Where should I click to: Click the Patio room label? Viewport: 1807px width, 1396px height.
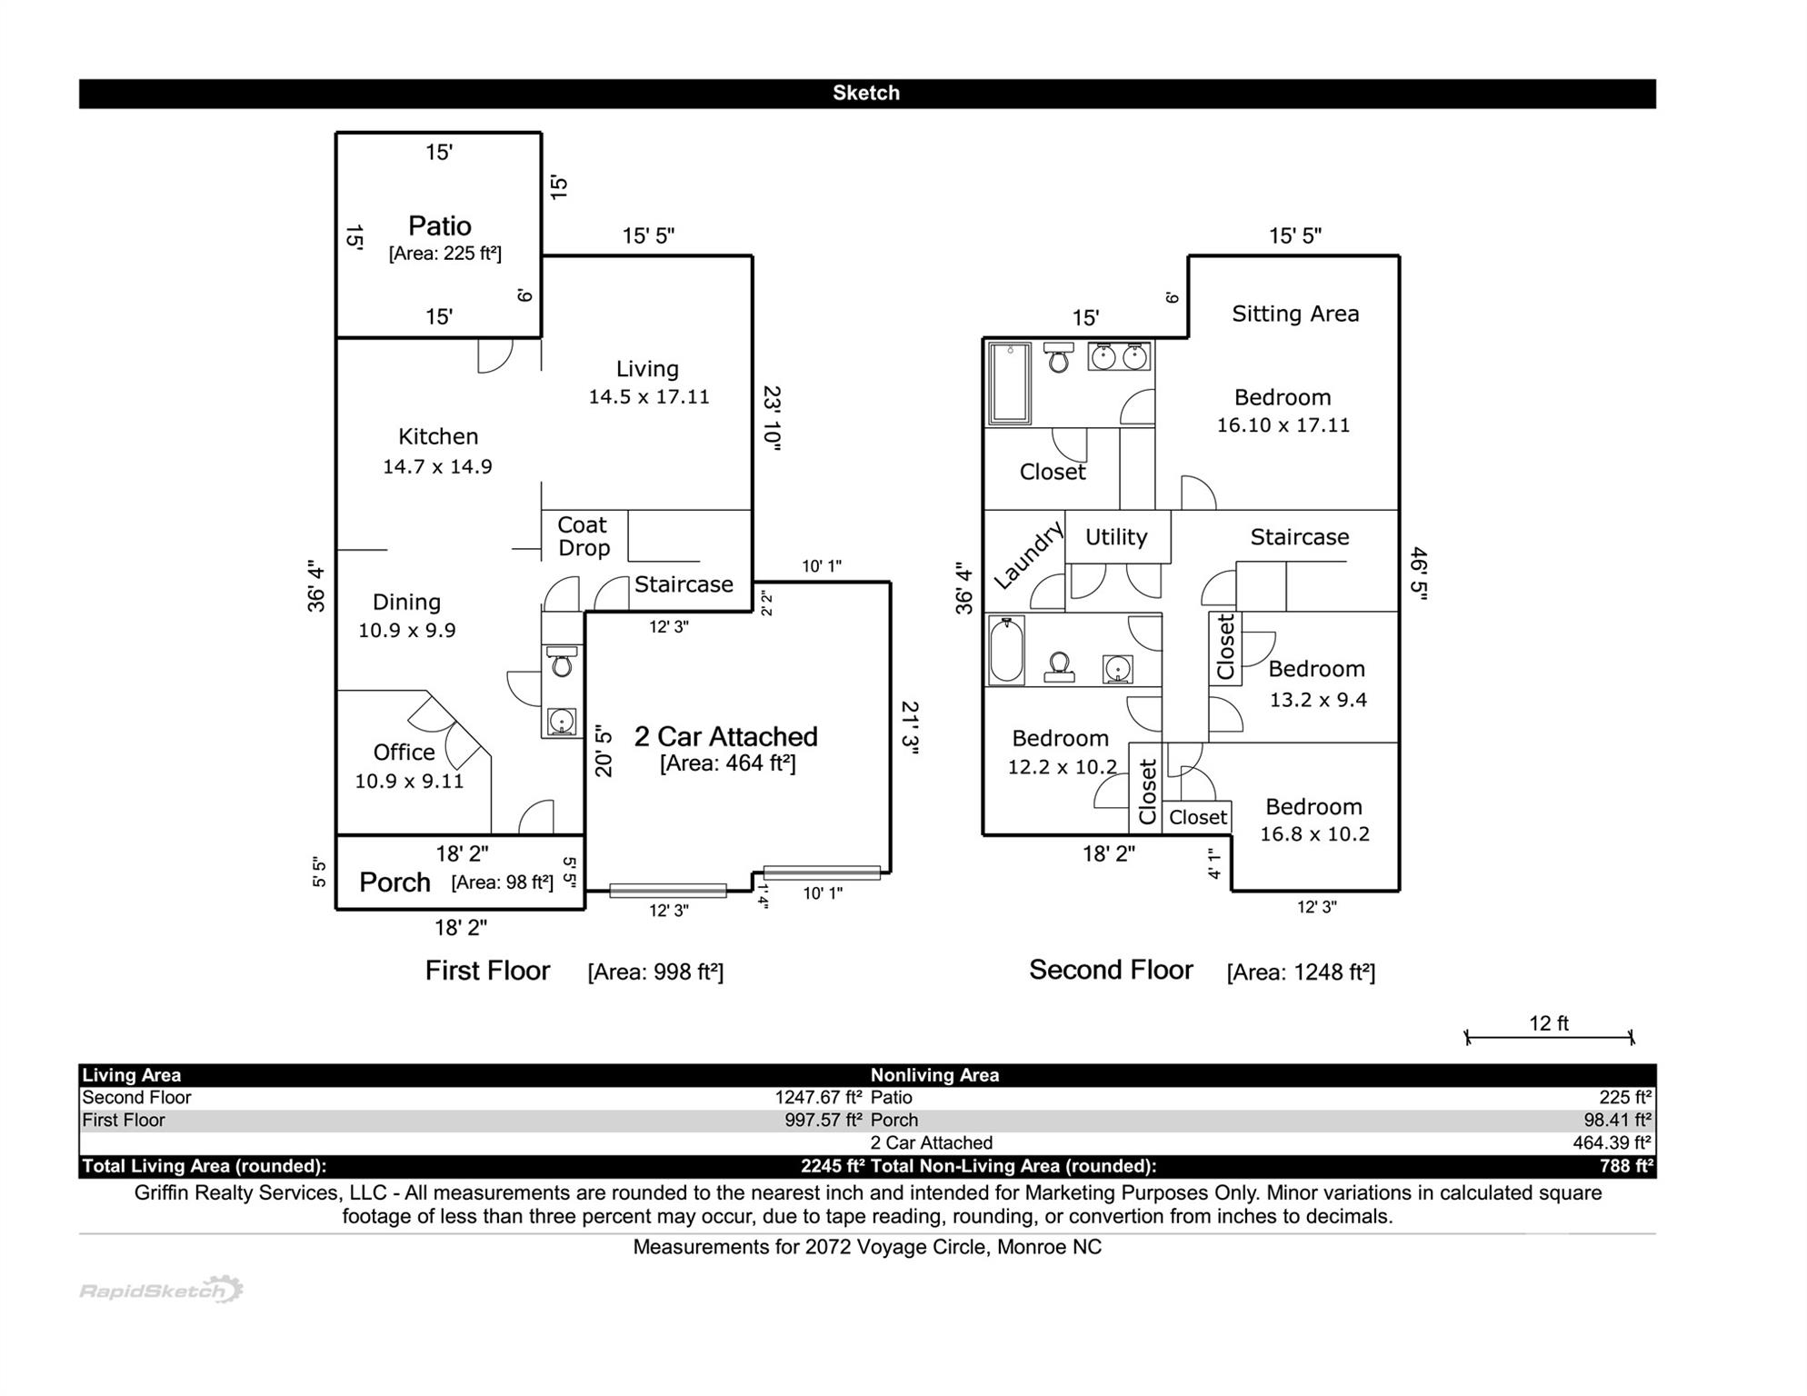pyautogui.click(x=439, y=226)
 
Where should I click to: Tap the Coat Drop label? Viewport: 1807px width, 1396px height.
pyautogui.click(x=583, y=536)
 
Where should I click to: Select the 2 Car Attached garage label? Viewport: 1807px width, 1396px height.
pyautogui.click(x=725, y=737)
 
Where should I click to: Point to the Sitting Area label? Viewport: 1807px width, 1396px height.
pyautogui.click(x=1294, y=314)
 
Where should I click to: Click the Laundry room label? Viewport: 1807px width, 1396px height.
pyautogui.click(x=1027, y=555)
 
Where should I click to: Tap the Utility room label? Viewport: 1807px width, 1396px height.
pyautogui.click(x=1115, y=537)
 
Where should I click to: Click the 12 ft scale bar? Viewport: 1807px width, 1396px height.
pyautogui.click(x=1548, y=1035)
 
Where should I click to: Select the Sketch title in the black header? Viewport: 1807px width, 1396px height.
pyautogui.click(x=865, y=94)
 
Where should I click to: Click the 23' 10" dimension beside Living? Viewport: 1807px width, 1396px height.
pyautogui.click(x=772, y=417)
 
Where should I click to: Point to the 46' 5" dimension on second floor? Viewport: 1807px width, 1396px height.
pyautogui.click(x=1418, y=571)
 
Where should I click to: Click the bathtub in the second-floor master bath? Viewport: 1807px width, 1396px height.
pyautogui.click(x=1009, y=383)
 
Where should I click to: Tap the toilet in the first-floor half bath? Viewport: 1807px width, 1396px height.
pyautogui.click(x=562, y=663)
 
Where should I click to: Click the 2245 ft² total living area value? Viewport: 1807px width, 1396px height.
pyautogui.click(x=832, y=1166)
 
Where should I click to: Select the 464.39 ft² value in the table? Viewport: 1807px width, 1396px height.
pyautogui.click(x=1612, y=1142)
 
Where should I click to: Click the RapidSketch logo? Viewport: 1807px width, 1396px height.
pyautogui.click(x=161, y=1290)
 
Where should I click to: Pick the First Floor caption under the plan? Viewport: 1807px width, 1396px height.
pyautogui.click(x=487, y=971)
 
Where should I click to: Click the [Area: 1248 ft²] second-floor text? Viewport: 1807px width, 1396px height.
pyautogui.click(x=1300, y=972)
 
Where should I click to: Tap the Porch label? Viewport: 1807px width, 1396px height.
pyautogui.click(x=394, y=882)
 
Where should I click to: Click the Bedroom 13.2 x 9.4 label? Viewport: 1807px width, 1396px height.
pyautogui.click(x=1316, y=683)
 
